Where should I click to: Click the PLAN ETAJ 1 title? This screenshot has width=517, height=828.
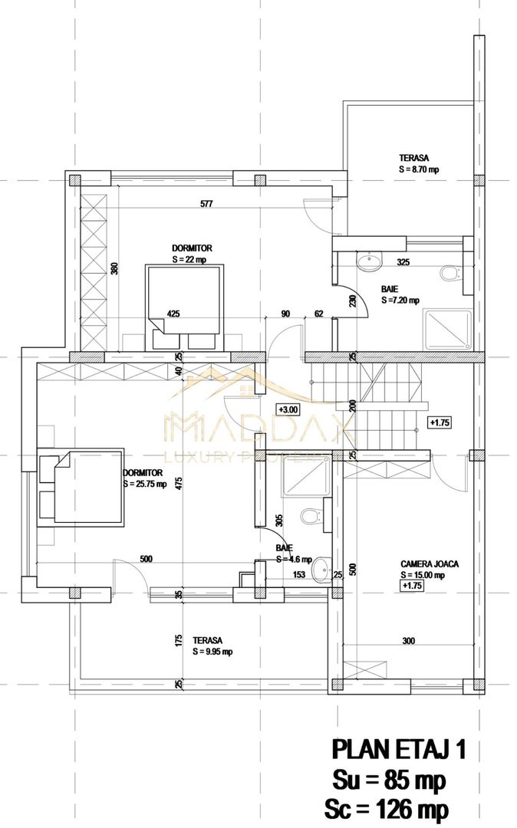397,749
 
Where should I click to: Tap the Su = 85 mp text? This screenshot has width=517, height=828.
388,780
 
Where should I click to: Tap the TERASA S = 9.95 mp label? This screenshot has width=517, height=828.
212,646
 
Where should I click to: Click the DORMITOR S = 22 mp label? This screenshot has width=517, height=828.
191,254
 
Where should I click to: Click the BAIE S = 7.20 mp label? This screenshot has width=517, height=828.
399,294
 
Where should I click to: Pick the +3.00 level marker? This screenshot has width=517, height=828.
288,409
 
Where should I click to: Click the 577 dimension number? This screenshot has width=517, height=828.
206,204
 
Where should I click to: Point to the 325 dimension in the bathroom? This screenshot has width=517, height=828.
403,262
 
